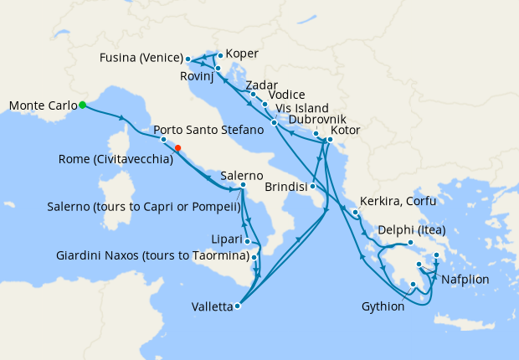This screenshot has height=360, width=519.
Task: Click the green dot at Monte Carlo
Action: pos(82,105)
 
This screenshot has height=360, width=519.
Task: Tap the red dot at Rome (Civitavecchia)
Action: pos(177,149)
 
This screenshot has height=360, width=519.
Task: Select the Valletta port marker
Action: pos(238,306)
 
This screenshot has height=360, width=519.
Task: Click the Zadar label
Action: pos(261,85)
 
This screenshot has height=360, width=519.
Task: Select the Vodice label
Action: pos(287,95)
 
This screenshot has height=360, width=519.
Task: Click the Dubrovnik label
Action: pos(314,120)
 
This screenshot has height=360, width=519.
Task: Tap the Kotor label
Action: pos(347,131)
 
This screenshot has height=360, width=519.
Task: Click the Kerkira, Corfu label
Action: pos(398,202)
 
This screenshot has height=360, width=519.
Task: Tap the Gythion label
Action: pos(383,306)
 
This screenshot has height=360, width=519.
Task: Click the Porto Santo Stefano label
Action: pos(202,130)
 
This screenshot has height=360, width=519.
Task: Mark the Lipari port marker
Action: pos(248,241)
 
